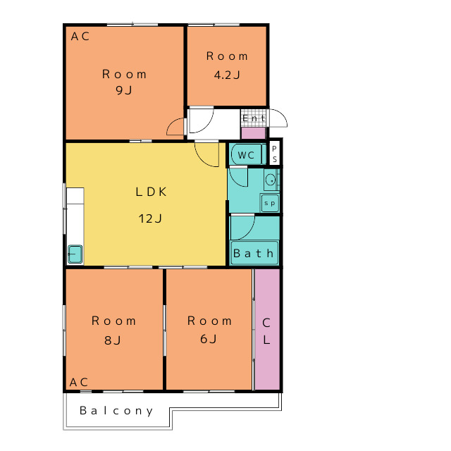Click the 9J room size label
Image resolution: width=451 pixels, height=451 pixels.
pos(124,90)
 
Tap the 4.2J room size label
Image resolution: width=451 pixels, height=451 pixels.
pos(227,75)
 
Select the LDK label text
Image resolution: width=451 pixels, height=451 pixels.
pos(151,192)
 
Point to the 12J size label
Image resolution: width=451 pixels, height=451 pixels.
pos(150,218)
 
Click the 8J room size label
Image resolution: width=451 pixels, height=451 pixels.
pos(113,340)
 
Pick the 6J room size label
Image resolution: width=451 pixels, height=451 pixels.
pos(209,339)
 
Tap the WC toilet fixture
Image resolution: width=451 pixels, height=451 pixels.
pos(247,155)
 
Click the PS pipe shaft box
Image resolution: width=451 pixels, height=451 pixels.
pos(274,154)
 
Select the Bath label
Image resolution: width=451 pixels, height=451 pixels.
pos(253,254)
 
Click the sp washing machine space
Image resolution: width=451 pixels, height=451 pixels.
pos(269,203)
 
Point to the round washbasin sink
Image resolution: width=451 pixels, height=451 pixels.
pos(271,180)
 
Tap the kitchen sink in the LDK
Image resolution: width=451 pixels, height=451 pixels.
pos(75,254)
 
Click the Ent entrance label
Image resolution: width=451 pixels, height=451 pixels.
pos(254,118)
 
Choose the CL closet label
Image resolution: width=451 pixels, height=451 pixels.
pos(266,331)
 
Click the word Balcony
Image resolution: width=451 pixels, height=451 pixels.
pos(116,411)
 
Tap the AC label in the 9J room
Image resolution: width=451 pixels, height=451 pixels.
pos(80,36)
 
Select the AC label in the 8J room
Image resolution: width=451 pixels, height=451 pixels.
pos(79,382)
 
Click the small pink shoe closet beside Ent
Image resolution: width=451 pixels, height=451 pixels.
pos(253,133)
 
